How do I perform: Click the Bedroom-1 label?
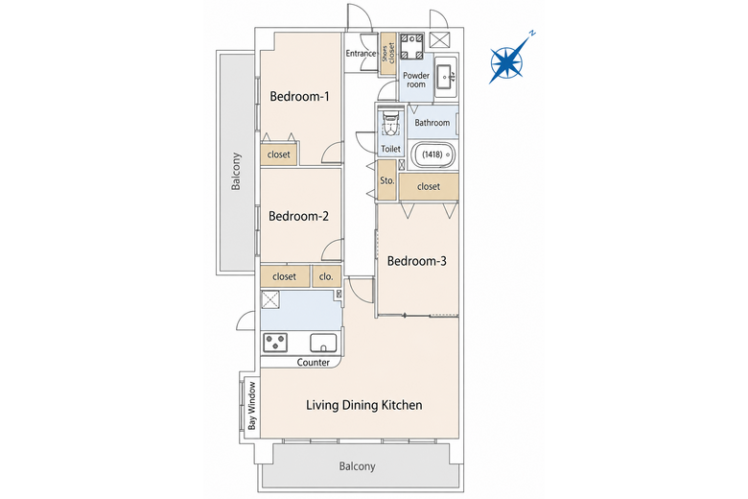pyautogui.click(x=299, y=97)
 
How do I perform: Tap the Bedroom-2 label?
pyautogui.click(x=298, y=216)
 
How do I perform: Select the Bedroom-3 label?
pyautogui.click(x=416, y=261)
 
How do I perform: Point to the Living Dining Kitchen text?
pyautogui.click(x=364, y=405)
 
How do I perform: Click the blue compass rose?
pyautogui.click(x=508, y=61)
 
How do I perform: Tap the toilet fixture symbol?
pyautogui.click(x=390, y=124)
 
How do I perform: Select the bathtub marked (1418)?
pyautogui.click(x=432, y=154)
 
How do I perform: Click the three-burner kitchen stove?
pyautogui.click(x=275, y=343)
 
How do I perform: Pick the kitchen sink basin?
pyautogui.click(x=323, y=343)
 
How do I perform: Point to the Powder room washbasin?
pyautogui.click(x=446, y=77)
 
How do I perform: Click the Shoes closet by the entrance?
pyautogui.click(x=388, y=54)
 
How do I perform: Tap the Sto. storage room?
pyautogui.click(x=386, y=180)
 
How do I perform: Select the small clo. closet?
pyautogui.click(x=326, y=277)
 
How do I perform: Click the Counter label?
pyautogui.click(x=313, y=363)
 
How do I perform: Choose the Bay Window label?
pyautogui.click(x=252, y=405)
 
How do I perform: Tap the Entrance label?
pyautogui.click(x=361, y=53)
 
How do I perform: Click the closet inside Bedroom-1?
pyautogui.click(x=279, y=154)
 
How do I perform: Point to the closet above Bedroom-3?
pyautogui.click(x=429, y=187)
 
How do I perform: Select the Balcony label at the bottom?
pyautogui.click(x=358, y=466)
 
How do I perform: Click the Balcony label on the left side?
pyautogui.click(x=236, y=172)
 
